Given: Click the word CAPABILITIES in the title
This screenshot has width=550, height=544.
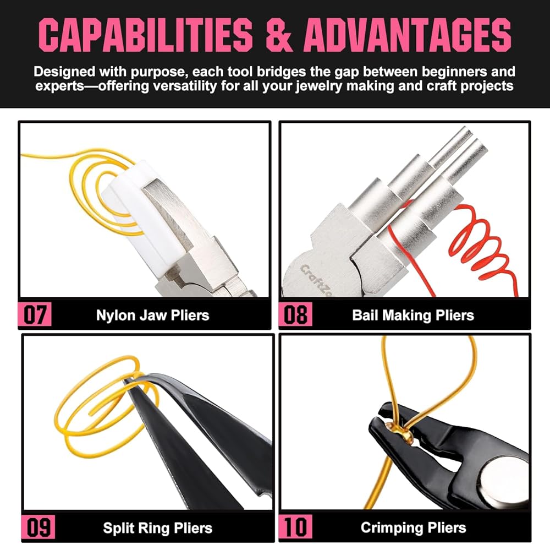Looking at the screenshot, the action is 146,35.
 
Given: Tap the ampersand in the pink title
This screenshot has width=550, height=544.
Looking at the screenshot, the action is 279,35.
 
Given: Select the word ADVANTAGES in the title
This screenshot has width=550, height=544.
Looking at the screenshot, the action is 408,35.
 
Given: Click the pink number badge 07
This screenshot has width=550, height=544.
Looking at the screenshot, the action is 35,314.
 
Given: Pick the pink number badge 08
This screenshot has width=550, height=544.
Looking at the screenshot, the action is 295,314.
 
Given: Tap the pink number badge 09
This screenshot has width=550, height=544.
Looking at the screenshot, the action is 38,527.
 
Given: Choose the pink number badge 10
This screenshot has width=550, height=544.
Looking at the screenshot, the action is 295,527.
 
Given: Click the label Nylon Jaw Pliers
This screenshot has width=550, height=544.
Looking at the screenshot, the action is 152,315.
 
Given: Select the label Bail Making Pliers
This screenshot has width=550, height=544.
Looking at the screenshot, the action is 413,315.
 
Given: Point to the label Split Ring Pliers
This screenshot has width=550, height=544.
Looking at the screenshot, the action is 157,528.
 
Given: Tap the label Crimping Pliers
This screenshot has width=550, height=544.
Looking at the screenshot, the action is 413,528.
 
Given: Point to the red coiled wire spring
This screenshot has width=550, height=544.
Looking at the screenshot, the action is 481,246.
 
